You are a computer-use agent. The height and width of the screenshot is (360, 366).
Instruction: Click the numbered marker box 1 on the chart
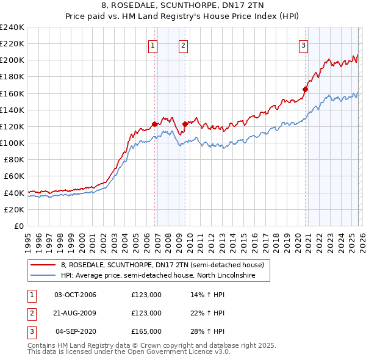click(152, 44)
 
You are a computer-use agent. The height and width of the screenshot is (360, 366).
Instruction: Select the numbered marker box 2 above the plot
click(183, 44)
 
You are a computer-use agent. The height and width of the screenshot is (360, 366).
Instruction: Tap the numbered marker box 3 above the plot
click(303, 44)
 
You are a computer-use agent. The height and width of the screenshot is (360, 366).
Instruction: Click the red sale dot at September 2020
click(305, 89)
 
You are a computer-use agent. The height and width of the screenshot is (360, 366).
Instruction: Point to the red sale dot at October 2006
click(154, 124)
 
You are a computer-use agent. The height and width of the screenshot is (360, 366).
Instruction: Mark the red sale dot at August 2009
click(185, 124)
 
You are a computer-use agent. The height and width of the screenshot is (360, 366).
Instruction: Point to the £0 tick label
click(18, 226)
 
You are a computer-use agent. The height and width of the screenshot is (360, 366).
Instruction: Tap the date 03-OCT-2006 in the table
click(75, 295)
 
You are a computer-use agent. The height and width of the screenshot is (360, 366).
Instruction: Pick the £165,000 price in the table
click(146, 331)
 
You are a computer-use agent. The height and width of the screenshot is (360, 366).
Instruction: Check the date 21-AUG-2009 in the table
click(75, 313)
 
